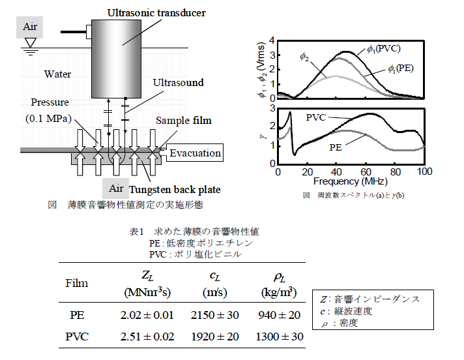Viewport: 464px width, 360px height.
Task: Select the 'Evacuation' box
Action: click(195, 153)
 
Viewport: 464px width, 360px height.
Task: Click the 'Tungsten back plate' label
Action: click(174, 190)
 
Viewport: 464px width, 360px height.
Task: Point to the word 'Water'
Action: click(57, 74)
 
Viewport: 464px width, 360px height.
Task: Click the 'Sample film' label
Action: click(183, 121)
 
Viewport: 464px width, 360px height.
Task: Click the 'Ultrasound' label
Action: click(178, 83)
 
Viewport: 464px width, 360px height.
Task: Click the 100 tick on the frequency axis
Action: click(424, 172)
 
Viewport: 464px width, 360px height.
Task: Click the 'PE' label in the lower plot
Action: click(336, 147)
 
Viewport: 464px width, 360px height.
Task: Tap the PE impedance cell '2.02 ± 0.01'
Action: click(147, 316)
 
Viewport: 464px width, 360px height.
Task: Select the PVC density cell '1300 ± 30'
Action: click(282, 337)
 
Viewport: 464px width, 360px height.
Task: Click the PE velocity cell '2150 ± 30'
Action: click(214, 316)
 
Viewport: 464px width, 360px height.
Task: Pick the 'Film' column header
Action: click(76, 284)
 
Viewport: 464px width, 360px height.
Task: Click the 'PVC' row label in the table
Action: click(77, 337)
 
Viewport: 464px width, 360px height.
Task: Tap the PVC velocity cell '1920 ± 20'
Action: click(214, 337)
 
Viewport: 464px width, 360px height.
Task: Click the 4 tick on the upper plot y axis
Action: click(270, 47)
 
